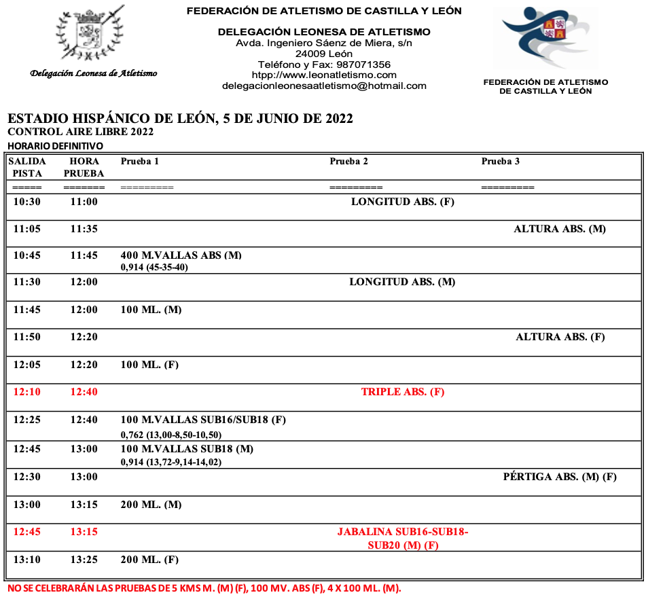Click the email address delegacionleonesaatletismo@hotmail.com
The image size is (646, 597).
(x=324, y=86)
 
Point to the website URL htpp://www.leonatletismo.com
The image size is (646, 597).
(x=324, y=75)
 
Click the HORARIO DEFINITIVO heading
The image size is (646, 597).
(x=55, y=146)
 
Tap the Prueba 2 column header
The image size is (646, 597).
(x=348, y=162)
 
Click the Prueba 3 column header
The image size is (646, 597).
(x=501, y=162)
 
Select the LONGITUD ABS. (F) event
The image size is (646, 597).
(x=402, y=202)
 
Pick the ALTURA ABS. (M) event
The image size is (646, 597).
(x=560, y=229)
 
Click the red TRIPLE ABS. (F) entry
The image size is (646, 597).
(x=403, y=392)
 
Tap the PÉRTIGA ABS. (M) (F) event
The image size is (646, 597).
(x=560, y=477)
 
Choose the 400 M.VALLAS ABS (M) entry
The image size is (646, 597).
(x=181, y=255)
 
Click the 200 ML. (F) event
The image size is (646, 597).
(x=149, y=560)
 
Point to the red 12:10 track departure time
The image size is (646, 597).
(x=27, y=392)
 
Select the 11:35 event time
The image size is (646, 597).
(x=84, y=229)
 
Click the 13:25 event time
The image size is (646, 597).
(x=84, y=560)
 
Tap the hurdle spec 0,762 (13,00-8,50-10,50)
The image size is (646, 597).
(x=171, y=435)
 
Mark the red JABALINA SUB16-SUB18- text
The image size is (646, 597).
(x=403, y=532)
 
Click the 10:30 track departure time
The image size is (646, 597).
(x=27, y=202)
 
